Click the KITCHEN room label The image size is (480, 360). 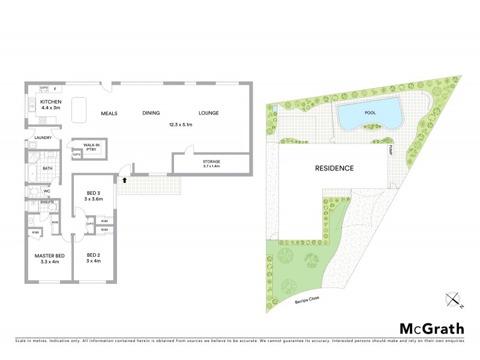pos(51,102)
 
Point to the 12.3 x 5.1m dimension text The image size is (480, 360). pos(180,124)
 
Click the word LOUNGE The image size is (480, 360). pos(208,113)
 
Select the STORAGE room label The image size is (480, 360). pos(211,162)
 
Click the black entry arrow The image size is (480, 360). pos(125,179)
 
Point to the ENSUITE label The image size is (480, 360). pos(47,202)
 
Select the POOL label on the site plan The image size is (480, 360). pos(369,112)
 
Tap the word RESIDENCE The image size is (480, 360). pos(334,169)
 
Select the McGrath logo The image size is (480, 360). pos(432,328)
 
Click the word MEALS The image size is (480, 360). pos(109,113)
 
